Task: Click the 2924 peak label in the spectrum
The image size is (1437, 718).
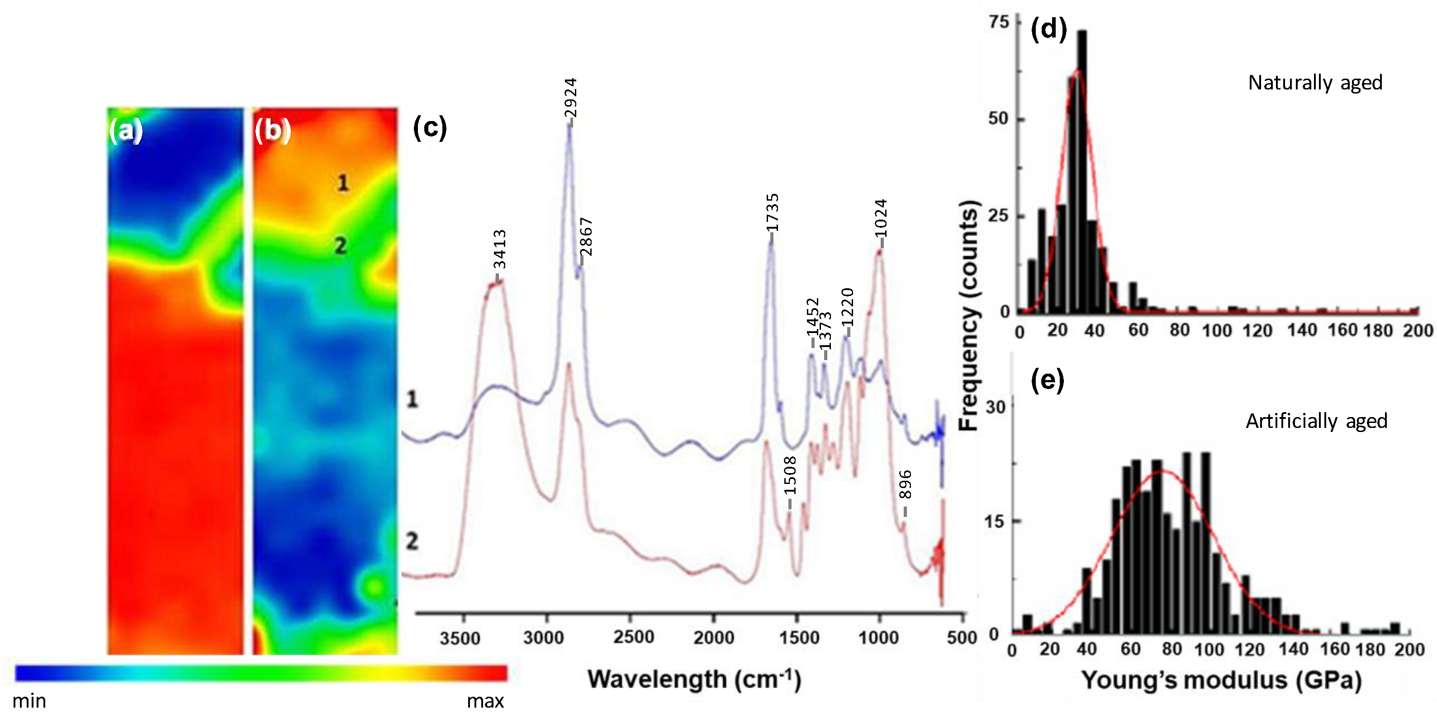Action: click(x=570, y=98)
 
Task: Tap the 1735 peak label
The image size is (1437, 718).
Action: click(x=772, y=212)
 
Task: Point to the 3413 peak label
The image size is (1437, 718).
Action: click(x=499, y=249)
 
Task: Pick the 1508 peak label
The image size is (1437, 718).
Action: click(x=790, y=475)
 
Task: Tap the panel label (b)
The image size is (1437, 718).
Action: click(x=272, y=131)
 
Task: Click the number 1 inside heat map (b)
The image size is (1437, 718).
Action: click(x=343, y=183)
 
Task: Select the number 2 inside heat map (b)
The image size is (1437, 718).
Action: click(x=340, y=245)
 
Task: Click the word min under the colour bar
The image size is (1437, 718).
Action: click(x=29, y=701)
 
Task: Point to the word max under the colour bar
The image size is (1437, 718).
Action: click(x=485, y=701)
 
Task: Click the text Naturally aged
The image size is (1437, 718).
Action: click(x=1315, y=83)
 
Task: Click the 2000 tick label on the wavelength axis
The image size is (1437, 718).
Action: click(x=713, y=637)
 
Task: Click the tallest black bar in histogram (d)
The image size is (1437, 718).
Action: click(x=1081, y=167)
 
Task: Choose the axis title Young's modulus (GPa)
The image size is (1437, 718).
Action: click(x=1221, y=680)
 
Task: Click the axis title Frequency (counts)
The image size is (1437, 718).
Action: click(x=969, y=315)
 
